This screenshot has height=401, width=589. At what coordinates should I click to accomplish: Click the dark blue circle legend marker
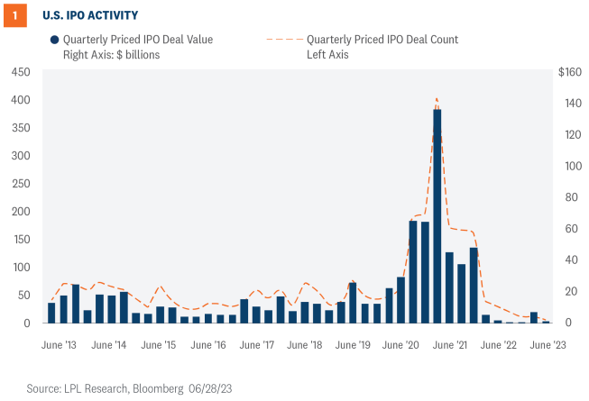click(55, 40)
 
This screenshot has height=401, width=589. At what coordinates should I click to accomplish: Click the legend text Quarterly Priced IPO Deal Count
click(382, 40)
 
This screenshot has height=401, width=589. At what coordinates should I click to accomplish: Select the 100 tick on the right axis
click(568, 166)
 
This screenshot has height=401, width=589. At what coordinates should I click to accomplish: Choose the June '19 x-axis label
click(352, 345)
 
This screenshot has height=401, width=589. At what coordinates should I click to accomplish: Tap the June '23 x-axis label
click(547, 345)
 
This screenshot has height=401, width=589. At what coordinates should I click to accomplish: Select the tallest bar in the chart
click(437, 216)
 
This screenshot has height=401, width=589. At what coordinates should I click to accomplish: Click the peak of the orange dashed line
click(437, 98)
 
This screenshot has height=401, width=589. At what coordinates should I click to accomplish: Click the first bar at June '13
click(51, 313)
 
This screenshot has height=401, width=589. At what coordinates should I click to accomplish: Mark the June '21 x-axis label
click(449, 345)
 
